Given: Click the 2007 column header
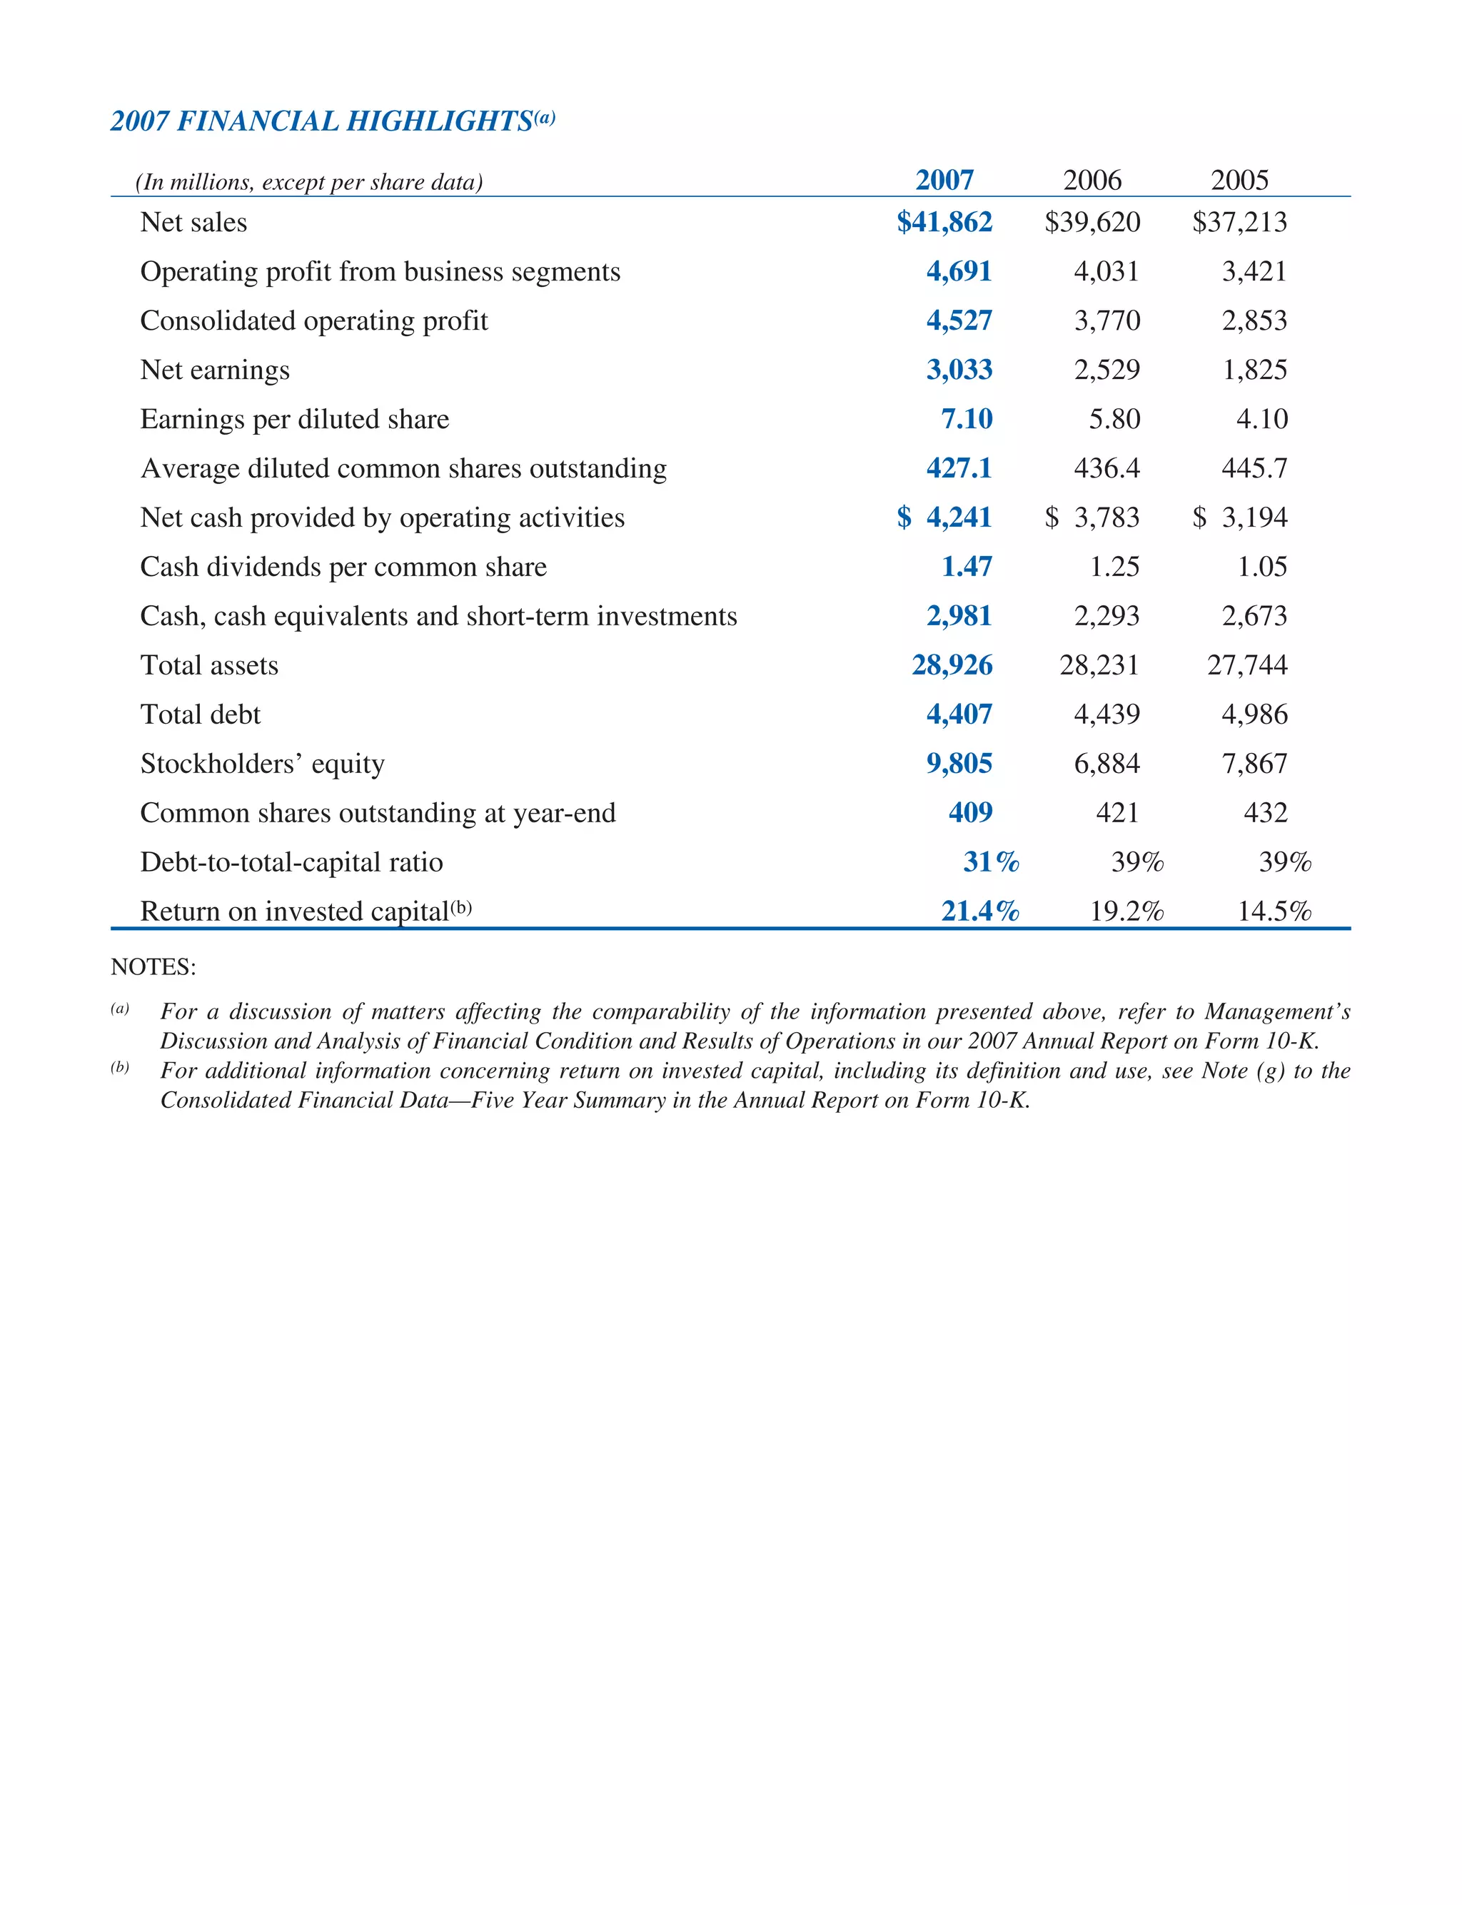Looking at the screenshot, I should point(944,180).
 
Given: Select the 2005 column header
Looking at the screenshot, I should point(1239,180).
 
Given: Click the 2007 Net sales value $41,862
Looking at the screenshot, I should point(944,222).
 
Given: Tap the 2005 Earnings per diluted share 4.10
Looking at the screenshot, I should point(1262,419).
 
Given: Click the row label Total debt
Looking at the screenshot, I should point(200,714).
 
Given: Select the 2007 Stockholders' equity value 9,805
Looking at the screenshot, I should point(959,764).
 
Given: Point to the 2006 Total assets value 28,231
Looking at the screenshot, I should point(1099,665).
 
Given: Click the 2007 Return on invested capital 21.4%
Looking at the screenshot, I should point(980,911).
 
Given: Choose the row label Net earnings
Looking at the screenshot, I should point(215,370).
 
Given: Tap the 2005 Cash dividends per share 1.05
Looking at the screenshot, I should point(1262,567).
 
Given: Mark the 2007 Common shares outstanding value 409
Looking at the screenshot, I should point(970,812).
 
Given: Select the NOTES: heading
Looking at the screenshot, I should point(153,966).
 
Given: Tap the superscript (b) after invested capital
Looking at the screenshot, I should point(461,907).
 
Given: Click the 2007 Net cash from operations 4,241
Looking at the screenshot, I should point(959,517).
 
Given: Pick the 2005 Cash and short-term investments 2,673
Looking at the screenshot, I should point(1254,616).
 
